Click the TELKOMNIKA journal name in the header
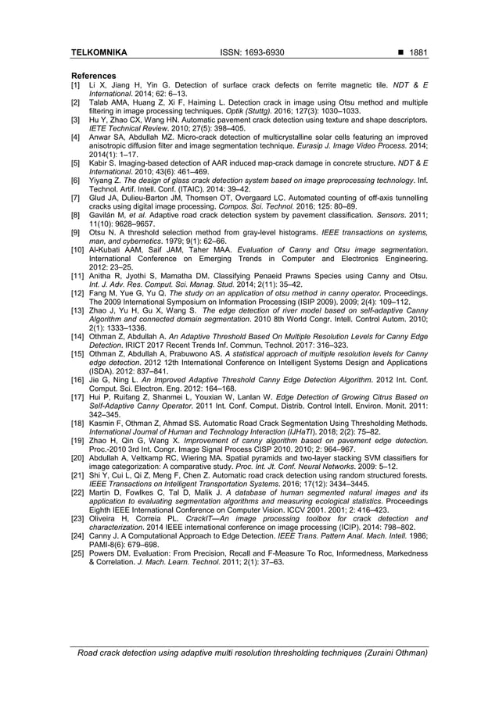(x=99, y=52)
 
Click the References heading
(x=94, y=76)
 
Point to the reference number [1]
(x=76, y=84)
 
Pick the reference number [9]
(x=76, y=233)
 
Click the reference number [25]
(x=77, y=553)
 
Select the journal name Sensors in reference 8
(x=381, y=211)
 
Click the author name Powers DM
(x=106, y=553)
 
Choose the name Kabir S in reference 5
(x=102, y=165)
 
